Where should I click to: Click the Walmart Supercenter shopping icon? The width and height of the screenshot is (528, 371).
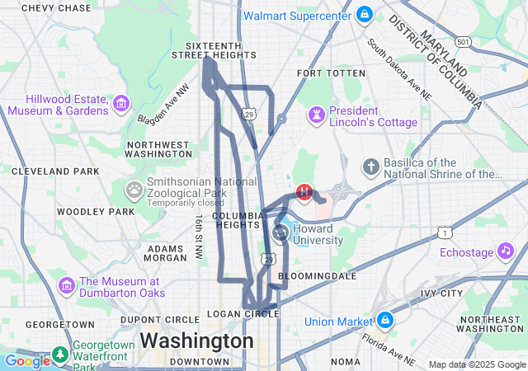click(x=365, y=15)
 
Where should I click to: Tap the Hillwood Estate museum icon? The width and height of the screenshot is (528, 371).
click(x=121, y=104)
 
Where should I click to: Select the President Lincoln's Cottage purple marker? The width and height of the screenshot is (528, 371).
click(x=317, y=112)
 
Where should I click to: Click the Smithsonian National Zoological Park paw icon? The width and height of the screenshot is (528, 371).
click(x=134, y=190)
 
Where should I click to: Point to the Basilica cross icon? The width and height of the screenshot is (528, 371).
click(x=372, y=167)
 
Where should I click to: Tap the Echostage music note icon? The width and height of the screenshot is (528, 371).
click(x=505, y=251)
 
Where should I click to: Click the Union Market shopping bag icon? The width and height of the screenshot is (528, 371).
click(x=385, y=320)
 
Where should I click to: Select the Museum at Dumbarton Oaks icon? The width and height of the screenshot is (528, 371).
click(x=67, y=285)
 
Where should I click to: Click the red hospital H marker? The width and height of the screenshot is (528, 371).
click(x=304, y=192)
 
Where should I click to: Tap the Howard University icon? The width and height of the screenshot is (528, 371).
click(x=281, y=232)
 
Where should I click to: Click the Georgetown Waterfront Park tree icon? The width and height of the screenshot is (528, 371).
click(x=60, y=355)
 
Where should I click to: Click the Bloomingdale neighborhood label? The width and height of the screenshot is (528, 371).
click(x=318, y=275)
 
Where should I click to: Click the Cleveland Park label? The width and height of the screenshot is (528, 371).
click(x=55, y=171)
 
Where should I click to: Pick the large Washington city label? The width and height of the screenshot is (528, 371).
click(x=196, y=340)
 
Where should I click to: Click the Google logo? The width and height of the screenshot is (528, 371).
click(x=26, y=361)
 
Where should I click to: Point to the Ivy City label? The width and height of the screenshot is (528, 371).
click(x=441, y=293)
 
